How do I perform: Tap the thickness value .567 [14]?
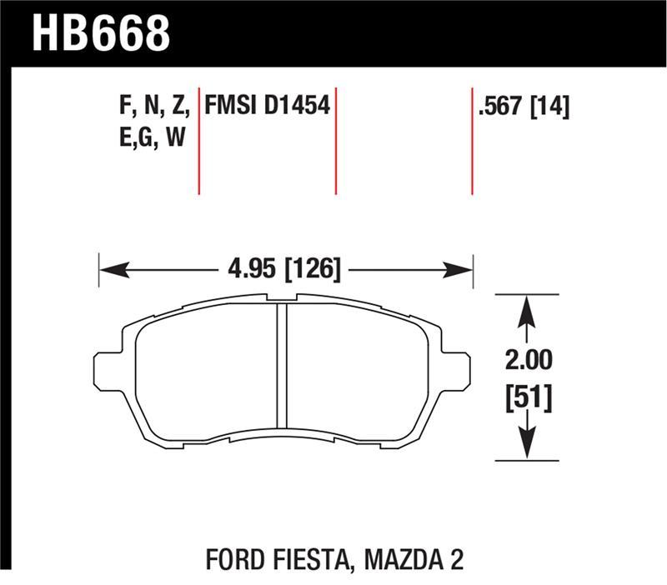point(523,106)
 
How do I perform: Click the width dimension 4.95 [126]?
point(283,269)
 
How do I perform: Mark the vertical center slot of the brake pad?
point(281,367)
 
